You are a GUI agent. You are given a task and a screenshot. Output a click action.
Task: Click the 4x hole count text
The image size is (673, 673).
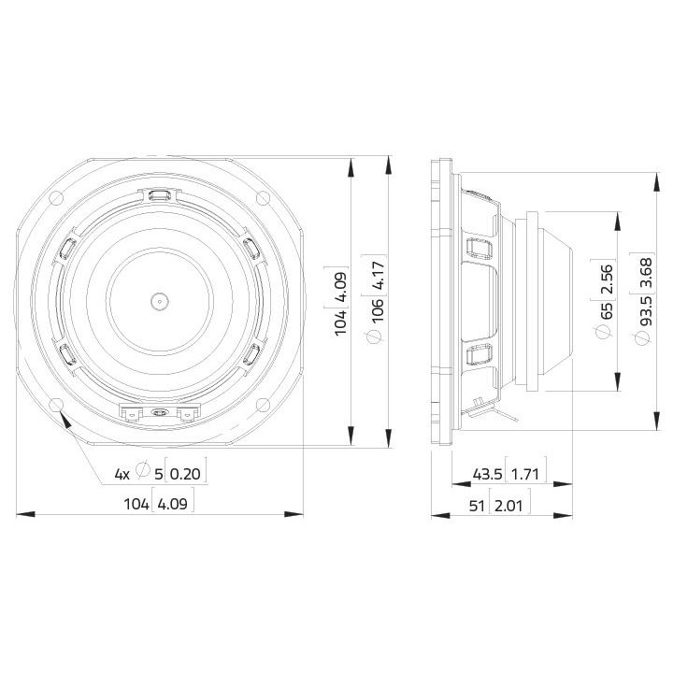pos(122,474)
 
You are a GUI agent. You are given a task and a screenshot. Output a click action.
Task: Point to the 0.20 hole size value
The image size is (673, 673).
pos(186,474)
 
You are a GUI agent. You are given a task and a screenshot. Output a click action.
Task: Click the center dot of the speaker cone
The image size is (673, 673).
pos(158,301)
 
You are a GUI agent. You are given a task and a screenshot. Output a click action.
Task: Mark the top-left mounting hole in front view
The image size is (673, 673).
pos(55,197)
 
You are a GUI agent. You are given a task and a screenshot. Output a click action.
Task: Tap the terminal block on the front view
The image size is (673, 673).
pos(159,411)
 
